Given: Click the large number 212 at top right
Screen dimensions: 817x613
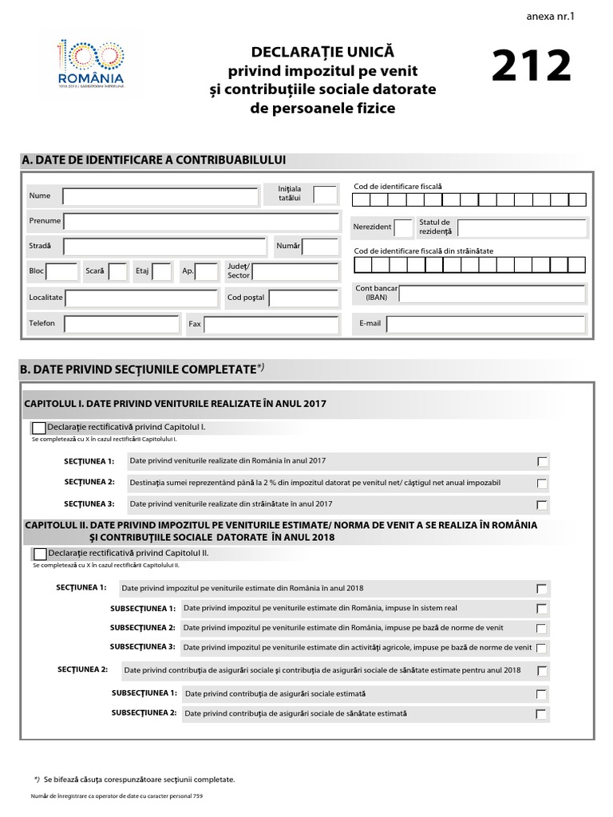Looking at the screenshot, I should [x=532, y=67].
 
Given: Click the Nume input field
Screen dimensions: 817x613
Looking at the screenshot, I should [x=160, y=196].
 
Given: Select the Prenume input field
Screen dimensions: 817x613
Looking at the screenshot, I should [x=201, y=222].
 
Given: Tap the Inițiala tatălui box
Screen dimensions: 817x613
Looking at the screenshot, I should [x=325, y=195].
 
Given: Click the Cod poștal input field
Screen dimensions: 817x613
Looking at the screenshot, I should [x=304, y=298].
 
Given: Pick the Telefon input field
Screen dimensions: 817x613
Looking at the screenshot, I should [x=121, y=324].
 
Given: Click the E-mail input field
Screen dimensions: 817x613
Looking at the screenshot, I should [x=485, y=324].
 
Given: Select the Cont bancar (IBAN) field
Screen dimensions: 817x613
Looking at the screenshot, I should [x=492, y=294].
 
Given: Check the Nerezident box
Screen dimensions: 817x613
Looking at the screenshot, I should [x=403, y=228].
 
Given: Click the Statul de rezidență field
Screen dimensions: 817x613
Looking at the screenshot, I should [x=521, y=228].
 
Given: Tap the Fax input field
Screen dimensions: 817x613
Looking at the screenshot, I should [x=271, y=325].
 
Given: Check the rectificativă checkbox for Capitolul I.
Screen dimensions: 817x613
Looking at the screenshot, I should [x=39, y=428].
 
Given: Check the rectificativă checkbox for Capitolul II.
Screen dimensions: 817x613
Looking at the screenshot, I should [x=39, y=554].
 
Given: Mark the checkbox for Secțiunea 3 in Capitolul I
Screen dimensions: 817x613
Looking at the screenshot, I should [x=543, y=505].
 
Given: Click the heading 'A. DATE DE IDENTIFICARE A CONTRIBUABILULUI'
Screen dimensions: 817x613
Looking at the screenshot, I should [x=154, y=160].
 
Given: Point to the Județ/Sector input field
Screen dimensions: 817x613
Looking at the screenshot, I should [x=295, y=273].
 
